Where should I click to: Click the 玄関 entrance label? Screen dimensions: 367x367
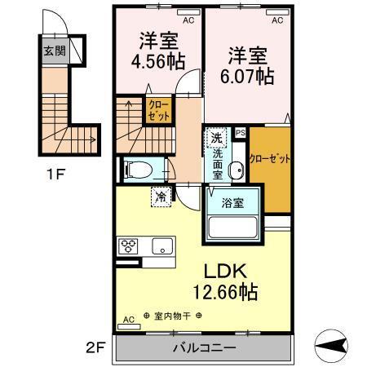[x=52, y=50]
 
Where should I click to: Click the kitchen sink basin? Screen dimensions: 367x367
[x=160, y=245]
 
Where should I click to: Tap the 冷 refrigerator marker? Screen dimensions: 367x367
[x=161, y=197]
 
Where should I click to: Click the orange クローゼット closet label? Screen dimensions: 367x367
[x=270, y=158]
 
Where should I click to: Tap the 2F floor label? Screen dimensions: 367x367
[x=97, y=347]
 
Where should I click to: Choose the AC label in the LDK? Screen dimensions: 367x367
[x=127, y=321]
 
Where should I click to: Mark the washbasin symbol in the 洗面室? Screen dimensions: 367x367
[x=237, y=170]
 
